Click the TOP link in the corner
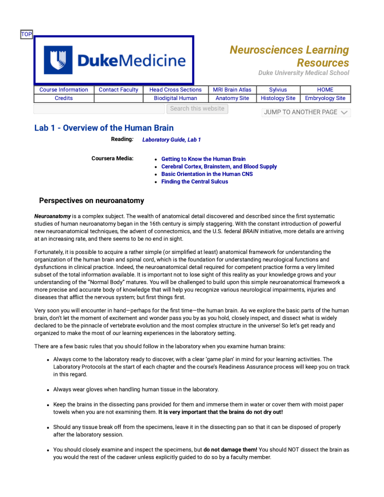pyautogui.click(x=26, y=34)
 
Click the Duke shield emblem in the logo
pyautogui.click(x=58, y=60)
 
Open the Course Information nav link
pyautogui.click(x=63, y=90)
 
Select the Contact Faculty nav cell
pyautogui.click(x=118, y=90)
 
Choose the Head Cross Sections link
pyautogui.click(x=175, y=90)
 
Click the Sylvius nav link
pyautogui.click(x=278, y=90)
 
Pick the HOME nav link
pyautogui.click(x=325, y=90)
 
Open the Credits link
pyautogui.click(x=63, y=98)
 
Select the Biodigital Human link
pyautogui.click(x=175, y=98)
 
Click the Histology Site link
pyautogui.click(x=278, y=98)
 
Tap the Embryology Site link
pyautogui.click(x=325, y=98)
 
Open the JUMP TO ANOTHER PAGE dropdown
pyautogui.click(x=306, y=112)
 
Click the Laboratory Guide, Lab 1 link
pyautogui.click(x=171, y=139)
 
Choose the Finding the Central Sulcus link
pyautogui.click(x=194, y=181)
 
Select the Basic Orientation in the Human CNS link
pyautogui.click(x=207, y=174)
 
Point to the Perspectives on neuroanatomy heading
pyautogui.click(x=91, y=200)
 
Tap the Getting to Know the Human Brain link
pyautogui.click(x=203, y=159)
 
